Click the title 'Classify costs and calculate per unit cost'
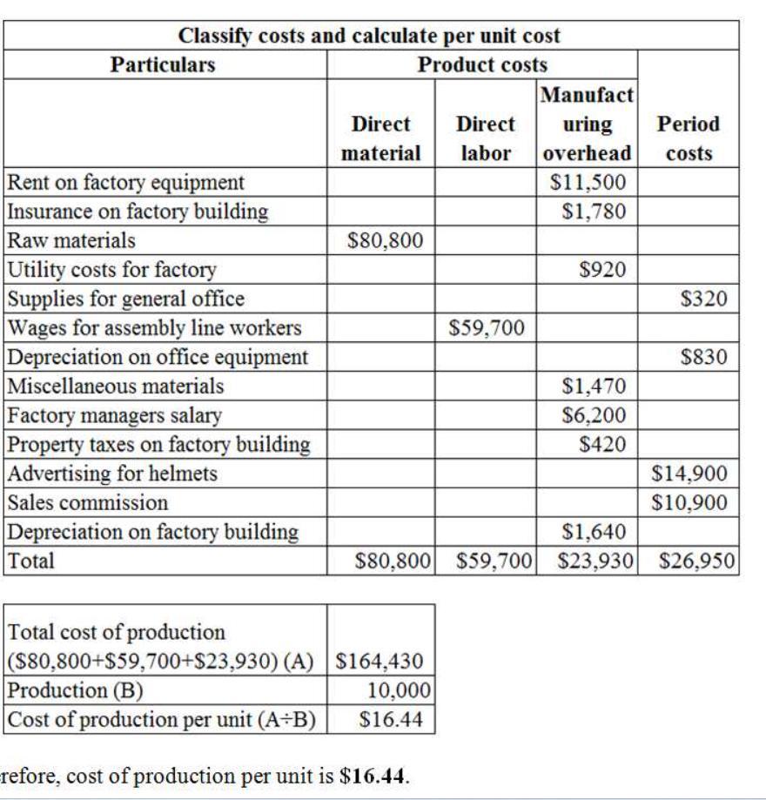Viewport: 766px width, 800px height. point(369,36)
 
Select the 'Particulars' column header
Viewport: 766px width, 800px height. point(163,64)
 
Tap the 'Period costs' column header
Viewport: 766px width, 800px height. point(689,138)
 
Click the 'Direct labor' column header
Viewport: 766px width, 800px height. point(486,138)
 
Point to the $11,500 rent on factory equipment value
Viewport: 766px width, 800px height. point(588,182)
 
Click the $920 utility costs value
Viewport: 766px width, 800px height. point(602,270)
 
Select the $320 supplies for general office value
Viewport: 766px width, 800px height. point(704,299)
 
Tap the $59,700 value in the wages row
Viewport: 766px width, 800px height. point(487,328)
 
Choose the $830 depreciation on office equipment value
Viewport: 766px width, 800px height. point(704,357)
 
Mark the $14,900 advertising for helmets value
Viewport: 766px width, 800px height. point(689,474)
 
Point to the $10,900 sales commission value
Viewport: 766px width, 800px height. point(689,502)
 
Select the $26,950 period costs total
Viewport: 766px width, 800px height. point(696,561)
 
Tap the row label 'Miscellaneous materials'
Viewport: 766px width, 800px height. point(116,386)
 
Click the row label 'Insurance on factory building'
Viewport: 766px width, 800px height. point(138,212)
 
